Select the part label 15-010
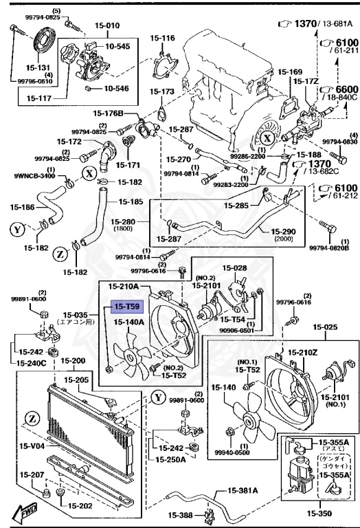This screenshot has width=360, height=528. point(88,25)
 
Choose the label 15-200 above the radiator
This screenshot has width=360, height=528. point(74,360)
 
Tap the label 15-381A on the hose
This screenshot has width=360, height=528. point(243,491)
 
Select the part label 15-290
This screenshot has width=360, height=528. point(283,232)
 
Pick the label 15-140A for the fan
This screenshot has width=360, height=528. point(128,322)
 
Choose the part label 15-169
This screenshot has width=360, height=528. point(290,71)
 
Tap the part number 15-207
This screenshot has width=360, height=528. point(32,474)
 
